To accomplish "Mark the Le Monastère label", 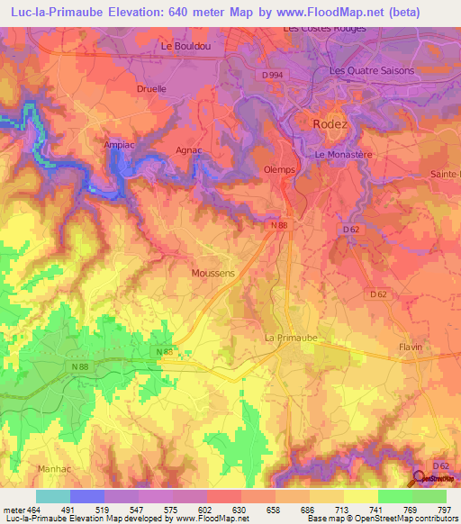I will click(345, 155).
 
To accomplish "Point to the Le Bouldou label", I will click(178, 46).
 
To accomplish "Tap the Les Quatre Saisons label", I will click(372, 71).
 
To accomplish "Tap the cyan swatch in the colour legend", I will click(53, 496).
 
